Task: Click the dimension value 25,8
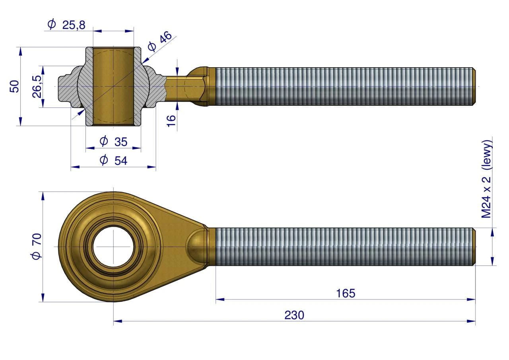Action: point(74,25)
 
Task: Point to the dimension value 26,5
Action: point(37,87)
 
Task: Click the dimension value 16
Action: point(171,121)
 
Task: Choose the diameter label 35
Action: point(121,142)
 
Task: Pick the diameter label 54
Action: point(121,161)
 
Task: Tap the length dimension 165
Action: point(346,294)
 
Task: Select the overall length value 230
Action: point(294,315)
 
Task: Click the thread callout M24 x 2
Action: point(486,197)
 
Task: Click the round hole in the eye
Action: point(113,247)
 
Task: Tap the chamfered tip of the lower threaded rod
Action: point(474,247)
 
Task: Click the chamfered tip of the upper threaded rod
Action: point(474,87)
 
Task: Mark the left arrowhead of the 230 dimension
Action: point(118,321)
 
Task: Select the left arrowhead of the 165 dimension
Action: point(220,299)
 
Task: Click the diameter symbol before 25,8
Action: point(52,24)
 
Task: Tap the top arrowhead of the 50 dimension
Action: point(20,51)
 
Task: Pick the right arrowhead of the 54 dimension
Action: point(152,167)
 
